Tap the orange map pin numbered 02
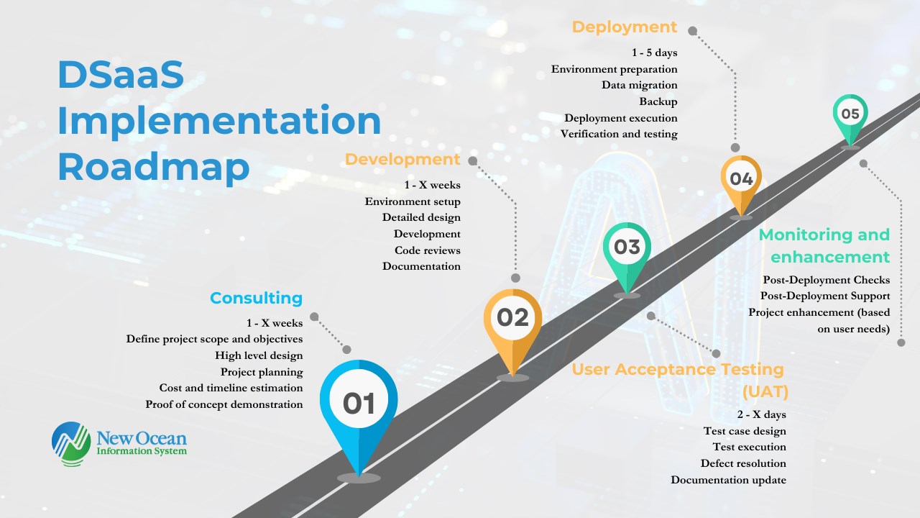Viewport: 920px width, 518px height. coord(512,324)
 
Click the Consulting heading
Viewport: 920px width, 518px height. coord(257,298)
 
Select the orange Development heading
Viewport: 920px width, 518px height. coord(402,159)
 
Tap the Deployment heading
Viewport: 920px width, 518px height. coord(625,27)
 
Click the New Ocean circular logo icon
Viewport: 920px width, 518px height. coord(71,444)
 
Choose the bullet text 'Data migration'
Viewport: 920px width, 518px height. coord(640,85)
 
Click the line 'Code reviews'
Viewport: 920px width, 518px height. coord(428,250)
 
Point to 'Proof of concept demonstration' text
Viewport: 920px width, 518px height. coord(224,404)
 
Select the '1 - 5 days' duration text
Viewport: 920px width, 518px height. coord(655,53)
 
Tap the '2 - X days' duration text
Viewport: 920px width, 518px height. coord(761,414)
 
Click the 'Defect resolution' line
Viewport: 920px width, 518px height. coord(743,463)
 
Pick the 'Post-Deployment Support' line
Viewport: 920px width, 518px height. coord(825,296)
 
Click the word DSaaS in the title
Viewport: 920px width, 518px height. coord(121,74)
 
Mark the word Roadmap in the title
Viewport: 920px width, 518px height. coord(154,167)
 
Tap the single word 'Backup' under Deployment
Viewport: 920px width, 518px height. coord(658,101)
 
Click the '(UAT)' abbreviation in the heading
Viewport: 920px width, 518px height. coord(765,391)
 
